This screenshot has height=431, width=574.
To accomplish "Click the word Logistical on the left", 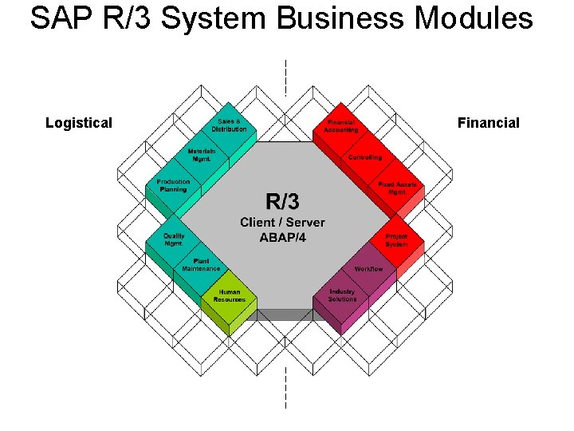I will pos(79,123).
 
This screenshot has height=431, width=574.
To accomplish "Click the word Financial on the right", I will pos(488,123).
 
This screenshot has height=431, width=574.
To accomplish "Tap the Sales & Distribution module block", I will pos(229,125).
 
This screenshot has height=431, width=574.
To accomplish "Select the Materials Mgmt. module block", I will pos(202,155).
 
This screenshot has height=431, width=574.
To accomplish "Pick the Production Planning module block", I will pos(173,185).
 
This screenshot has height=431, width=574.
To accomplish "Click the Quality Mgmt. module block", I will pos(174,239).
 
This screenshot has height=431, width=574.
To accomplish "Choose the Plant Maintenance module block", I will pos(201,265).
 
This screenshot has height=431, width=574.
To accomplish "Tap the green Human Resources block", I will pos(230,296).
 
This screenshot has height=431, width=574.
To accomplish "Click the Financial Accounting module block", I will pos(342,126).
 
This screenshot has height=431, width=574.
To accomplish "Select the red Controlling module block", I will pos(365,157).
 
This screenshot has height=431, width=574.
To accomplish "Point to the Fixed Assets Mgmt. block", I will pos(397,188).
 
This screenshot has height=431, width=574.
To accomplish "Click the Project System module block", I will pos(396,240).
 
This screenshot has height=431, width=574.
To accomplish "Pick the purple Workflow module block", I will pos(368,269).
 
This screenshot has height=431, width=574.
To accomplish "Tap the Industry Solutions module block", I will pos(343,296).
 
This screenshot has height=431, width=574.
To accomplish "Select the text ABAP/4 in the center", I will pos(282,237).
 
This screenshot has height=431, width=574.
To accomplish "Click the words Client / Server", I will pos(282,222).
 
